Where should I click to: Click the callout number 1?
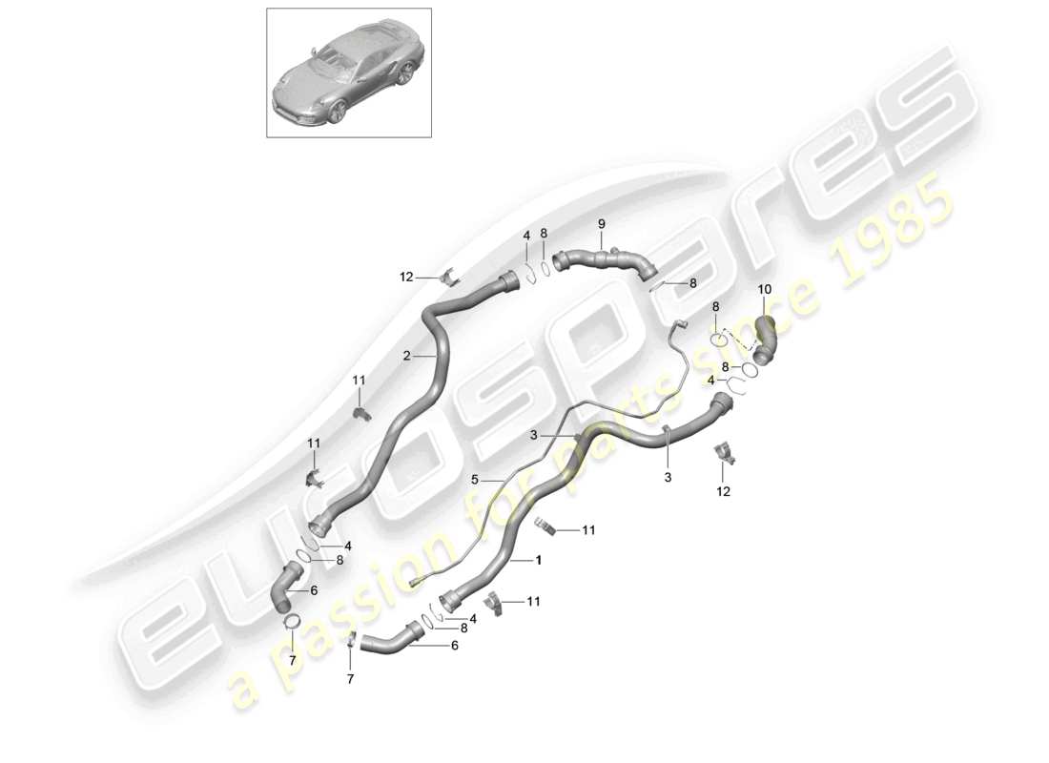539,561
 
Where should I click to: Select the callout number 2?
406,356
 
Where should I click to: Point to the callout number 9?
602,224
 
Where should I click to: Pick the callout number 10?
765,289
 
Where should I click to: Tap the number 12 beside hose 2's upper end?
405,278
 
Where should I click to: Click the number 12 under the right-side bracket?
723,491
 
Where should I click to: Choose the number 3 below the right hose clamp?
668,476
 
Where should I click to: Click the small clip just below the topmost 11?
361,412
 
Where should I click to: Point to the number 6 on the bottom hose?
454,645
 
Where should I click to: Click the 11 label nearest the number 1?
588,530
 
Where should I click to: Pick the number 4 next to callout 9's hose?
524,236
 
